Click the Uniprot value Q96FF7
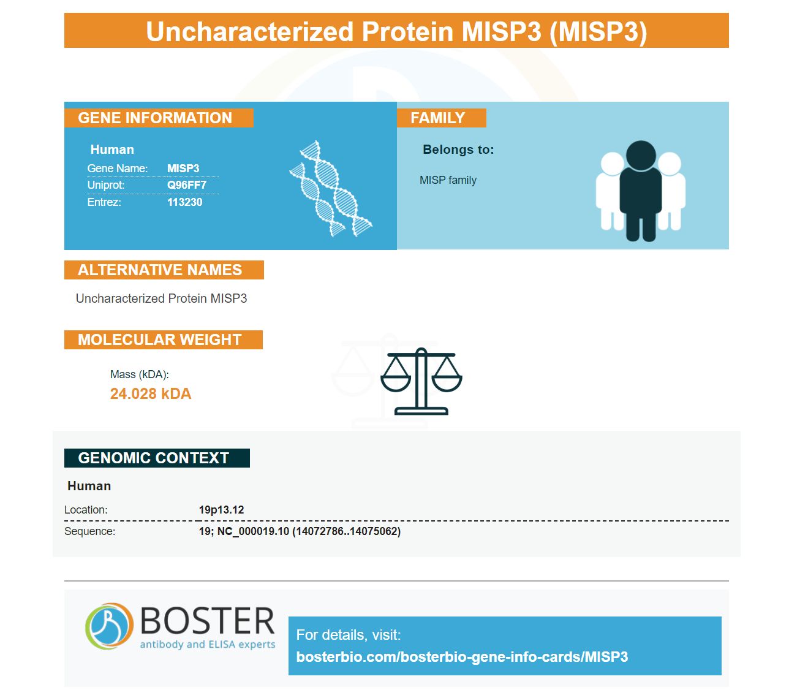point(187,184)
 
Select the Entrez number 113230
point(184,202)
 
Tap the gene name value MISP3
point(183,168)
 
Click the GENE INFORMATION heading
point(155,118)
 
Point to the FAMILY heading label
point(438,118)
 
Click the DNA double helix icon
point(331,189)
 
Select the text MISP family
point(448,180)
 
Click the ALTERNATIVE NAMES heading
point(160,270)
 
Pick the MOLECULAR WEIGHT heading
point(160,340)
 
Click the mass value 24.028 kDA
point(150,393)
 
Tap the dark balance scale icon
point(421,381)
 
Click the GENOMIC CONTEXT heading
point(153,458)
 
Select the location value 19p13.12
point(221,510)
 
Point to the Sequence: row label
point(89,531)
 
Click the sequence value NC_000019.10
point(253,531)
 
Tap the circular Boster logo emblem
point(109,626)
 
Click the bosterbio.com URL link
point(462,657)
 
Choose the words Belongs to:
point(458,150)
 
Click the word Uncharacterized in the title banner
point(249,31)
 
